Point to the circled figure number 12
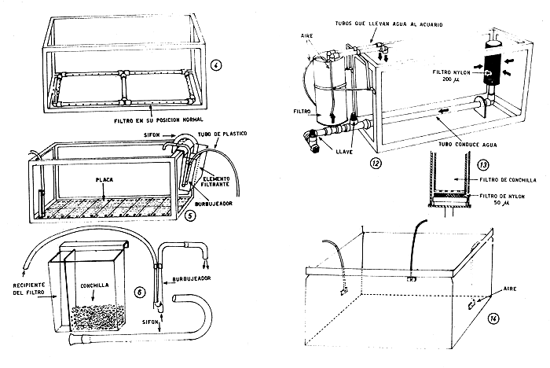pyautogui.click(x=399, y=163)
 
